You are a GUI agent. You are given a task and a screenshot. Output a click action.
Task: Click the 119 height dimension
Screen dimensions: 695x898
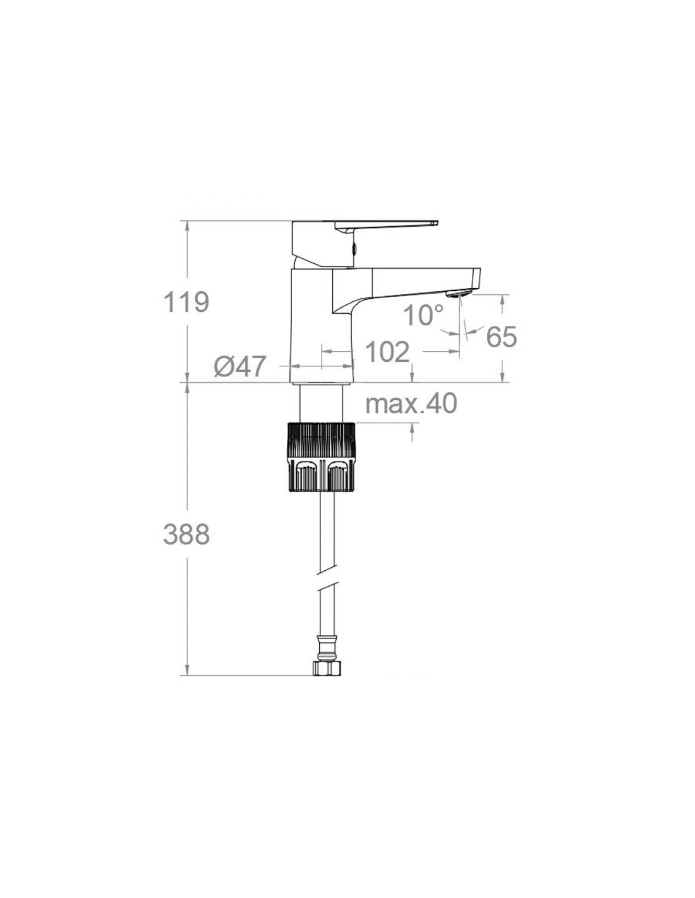coord(187,302)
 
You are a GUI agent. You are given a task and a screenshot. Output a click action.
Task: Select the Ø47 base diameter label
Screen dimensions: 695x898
coord(239,366)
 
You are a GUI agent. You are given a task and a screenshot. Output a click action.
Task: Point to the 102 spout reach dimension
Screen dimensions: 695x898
coord(387,352)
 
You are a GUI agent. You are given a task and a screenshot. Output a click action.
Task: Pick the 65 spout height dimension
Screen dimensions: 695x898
coord(502,336)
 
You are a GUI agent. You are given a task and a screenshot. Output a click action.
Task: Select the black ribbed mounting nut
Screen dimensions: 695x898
coord(321,457)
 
